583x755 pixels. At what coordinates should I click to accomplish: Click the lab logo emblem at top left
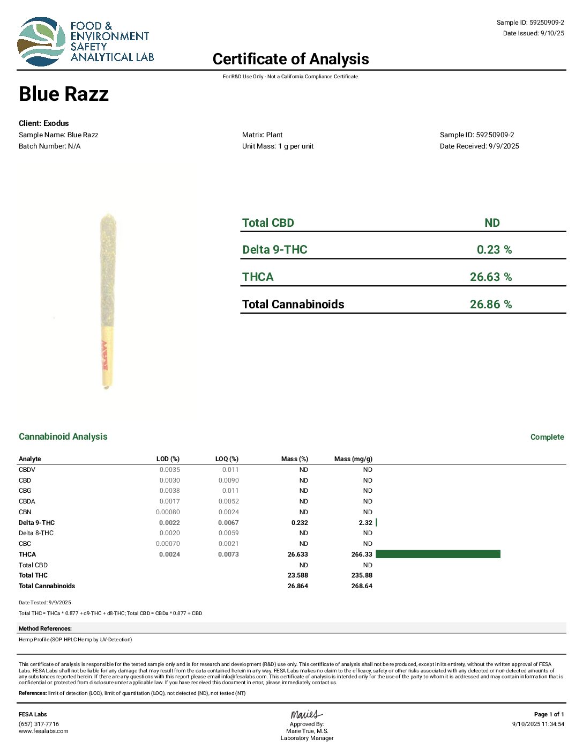(42, 42)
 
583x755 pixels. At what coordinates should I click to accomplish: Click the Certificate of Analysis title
(290, 59)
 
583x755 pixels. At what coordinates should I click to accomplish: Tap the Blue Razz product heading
(64, 94)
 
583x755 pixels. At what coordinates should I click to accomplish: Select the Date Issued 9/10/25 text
(533, 33)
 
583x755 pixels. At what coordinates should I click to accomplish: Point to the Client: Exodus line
(44, 123)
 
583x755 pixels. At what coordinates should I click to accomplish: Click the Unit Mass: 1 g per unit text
(278, 146)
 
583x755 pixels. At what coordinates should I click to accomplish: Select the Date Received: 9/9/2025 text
(479, 146)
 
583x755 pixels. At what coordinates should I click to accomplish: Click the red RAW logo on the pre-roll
(106, 355)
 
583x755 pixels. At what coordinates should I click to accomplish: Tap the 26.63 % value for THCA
(490, 277)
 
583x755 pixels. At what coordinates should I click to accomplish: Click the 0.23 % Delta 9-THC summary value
(494, 250)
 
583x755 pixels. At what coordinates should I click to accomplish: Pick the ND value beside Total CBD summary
(492, 223)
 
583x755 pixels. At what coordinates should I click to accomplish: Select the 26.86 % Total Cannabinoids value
(490, 305)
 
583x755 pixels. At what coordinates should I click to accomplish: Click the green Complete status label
(547, 437)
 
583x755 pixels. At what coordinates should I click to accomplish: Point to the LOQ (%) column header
(227, 459)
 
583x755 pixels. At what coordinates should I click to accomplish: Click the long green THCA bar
(438, 554)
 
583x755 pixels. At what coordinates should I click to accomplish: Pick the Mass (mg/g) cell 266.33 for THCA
(362, 554)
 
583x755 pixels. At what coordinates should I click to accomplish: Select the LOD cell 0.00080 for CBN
(168, 512)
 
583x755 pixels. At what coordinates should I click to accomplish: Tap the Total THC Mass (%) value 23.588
(297, 575)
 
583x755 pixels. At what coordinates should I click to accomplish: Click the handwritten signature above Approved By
(307, 714)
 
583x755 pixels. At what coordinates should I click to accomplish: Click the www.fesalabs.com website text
(43, 731)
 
